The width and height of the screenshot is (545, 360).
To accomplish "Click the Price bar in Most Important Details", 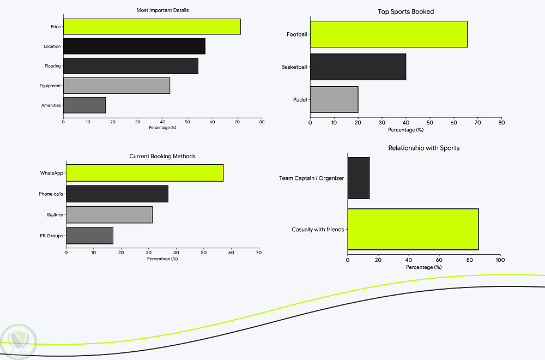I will pos(152,27).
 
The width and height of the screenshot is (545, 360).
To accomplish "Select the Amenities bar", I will pos(84,105).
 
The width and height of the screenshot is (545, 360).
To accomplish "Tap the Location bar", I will pos(134,46).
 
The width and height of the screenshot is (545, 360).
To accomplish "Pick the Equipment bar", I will pos(117,86).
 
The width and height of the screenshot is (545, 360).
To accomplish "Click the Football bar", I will pos(389,34).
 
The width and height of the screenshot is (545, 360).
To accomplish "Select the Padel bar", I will pos(334,100).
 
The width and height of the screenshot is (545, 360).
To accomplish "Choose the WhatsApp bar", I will pos(144,173).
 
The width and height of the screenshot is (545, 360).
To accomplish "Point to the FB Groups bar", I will pos(89,236).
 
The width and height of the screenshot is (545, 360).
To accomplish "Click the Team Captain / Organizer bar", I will pos(358,178).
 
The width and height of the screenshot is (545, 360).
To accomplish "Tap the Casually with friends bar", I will pos(413,230).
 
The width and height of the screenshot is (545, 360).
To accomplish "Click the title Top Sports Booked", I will pos(405,11).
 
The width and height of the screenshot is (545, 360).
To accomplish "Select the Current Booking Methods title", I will pos(162,157).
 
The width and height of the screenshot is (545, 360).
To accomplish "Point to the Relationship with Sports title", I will pos(423,148).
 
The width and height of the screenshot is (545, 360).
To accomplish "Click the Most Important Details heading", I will pos(162,10).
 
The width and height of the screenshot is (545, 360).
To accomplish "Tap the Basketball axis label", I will pos(294,67).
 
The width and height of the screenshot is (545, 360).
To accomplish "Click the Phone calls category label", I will pos(51,194).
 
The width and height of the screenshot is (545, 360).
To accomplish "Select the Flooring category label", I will pos(52,66).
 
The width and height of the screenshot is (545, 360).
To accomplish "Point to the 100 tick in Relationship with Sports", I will pos(500,260).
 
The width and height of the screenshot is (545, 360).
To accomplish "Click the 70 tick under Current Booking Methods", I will pos(258,253).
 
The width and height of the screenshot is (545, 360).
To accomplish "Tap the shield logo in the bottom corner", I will pos(17,341).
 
